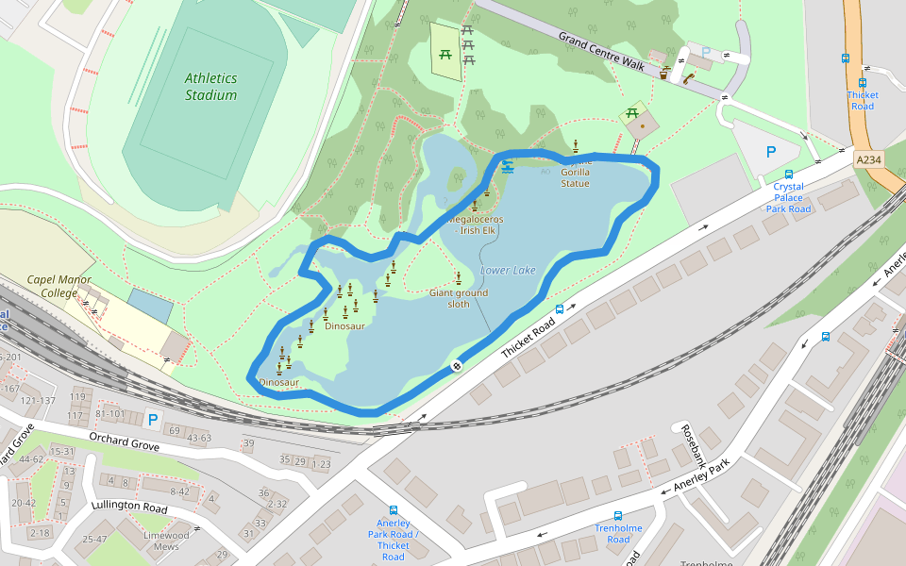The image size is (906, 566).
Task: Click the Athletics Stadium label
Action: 210,87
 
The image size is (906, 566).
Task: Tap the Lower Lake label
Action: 508,271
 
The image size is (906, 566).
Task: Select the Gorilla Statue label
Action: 575,178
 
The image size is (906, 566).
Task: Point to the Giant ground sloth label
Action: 459,298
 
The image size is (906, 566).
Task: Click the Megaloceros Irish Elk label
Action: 477,225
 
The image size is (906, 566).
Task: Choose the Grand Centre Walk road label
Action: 601,52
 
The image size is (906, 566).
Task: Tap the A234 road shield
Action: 869,160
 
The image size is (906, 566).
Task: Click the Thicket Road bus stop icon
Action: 863,82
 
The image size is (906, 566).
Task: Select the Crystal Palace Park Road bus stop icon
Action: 789,175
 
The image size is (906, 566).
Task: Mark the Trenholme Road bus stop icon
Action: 618,516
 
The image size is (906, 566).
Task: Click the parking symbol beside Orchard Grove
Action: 152,419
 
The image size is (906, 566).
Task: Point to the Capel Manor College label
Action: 52,286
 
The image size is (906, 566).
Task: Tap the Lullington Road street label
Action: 129,506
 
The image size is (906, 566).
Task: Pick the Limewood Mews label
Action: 166,541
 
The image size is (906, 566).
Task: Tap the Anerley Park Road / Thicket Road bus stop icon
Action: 394,510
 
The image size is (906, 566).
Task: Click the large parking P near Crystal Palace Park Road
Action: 771,151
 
